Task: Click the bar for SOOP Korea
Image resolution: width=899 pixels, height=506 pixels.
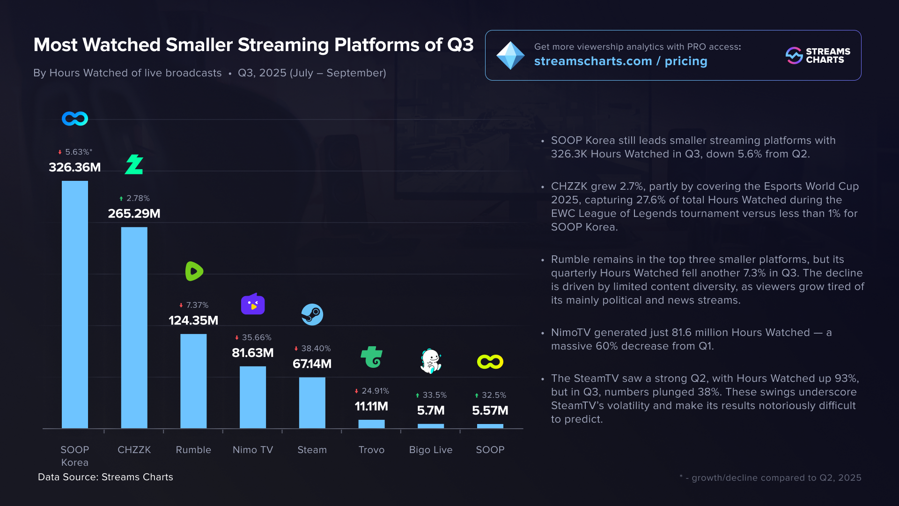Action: [x=75, y=305]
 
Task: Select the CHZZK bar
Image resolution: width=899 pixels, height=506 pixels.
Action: [x=134, y=327]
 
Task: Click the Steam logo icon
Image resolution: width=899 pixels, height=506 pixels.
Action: [x=312, y=314]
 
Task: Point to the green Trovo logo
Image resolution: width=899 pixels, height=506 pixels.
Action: [x=372, y=357]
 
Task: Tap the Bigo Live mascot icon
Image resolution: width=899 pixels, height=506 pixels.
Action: [x=431, y=361]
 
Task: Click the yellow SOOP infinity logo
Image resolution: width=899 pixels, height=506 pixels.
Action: [x=490, y=362]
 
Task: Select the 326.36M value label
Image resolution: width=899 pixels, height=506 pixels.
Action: [x=75, y=167]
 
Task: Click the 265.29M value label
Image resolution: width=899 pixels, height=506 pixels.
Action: [x=134, y=214]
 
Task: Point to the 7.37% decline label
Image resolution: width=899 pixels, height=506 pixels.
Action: [x=194, y=305]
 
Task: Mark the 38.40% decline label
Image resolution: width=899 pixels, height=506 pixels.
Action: [x=312, y=349]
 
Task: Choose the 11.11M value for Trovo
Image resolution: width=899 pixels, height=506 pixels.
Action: [x=371, y=406]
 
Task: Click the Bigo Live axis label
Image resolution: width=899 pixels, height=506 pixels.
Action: [x=431, y=450]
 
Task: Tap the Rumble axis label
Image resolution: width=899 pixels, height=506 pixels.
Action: [x=193, y=450]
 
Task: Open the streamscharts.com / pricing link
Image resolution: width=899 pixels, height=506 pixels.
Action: [x=620, y=61]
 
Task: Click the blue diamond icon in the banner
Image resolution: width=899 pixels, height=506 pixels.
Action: [x=510, y=55]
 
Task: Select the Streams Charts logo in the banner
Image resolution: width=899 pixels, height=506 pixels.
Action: [x=818, y=55]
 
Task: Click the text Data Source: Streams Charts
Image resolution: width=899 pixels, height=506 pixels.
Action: [x=105, y=477]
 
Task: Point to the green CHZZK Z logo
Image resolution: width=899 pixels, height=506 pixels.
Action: [x=134, y=164]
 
